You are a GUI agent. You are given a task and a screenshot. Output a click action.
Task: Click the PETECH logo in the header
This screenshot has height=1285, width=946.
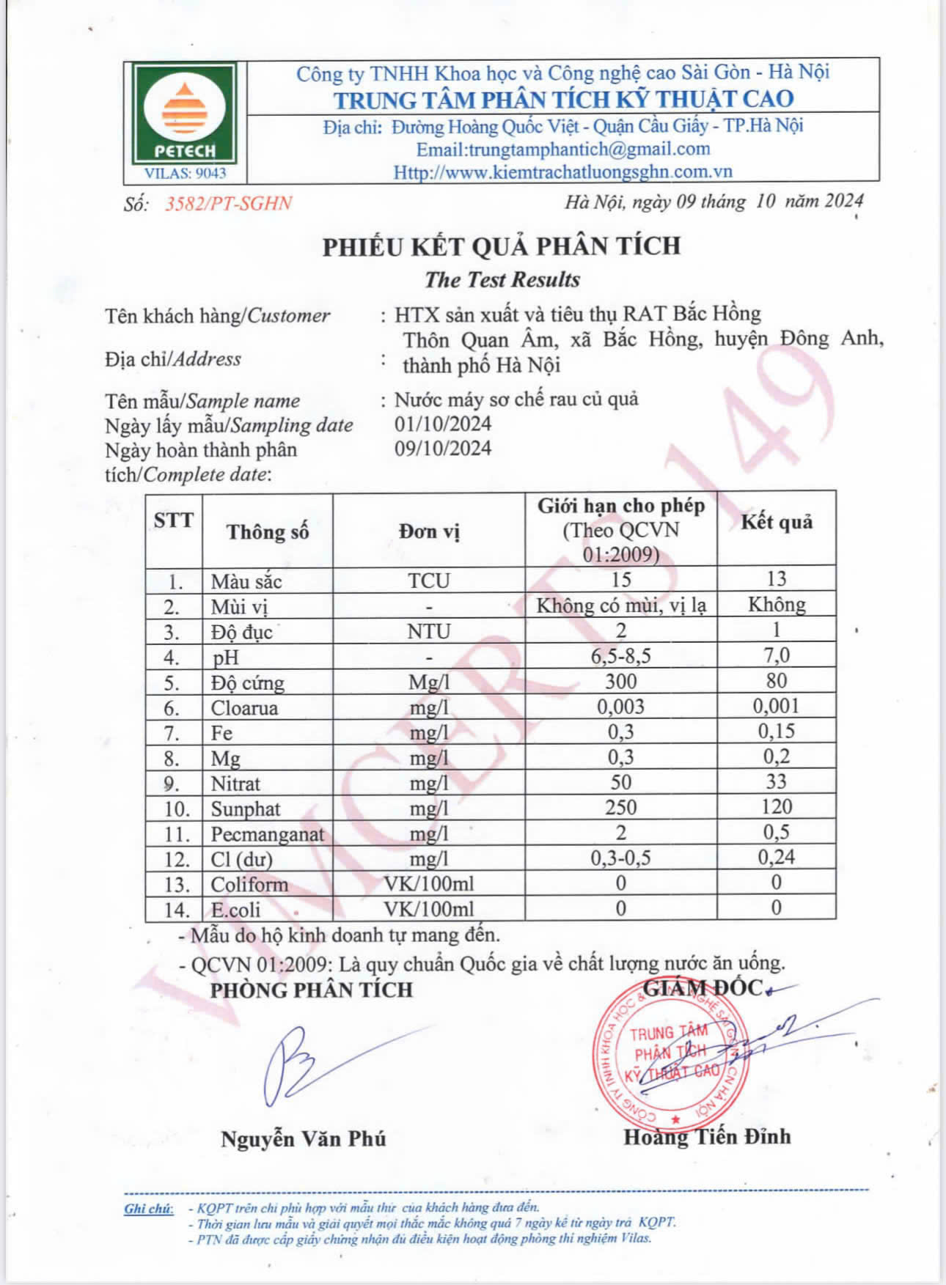click(x=185, y=121)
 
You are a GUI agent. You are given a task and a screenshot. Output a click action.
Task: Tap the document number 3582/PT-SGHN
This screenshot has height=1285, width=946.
click(x=228, y=204)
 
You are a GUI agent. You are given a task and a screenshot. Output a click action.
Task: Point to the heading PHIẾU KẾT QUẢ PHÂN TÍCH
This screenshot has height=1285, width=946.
click(x=502, y=246)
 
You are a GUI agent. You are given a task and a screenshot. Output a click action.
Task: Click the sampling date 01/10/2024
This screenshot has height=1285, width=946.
click(x=443, y=424)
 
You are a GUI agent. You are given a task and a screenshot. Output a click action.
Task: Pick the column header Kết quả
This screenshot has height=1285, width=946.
click(x=776, y=522)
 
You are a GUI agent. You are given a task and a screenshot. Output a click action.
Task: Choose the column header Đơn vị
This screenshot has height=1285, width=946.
click(x=429, y=531)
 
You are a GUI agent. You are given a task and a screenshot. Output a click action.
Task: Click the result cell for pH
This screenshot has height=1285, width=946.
click(x=776, y=655)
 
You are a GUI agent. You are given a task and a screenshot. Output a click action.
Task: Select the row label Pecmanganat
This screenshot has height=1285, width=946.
click(x=267, y=834)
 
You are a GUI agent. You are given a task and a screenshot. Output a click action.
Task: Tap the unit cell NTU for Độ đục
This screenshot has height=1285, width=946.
click(x=429, y=631)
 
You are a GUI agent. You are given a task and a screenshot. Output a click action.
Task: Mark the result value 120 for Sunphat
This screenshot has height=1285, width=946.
click(x=776, y=807)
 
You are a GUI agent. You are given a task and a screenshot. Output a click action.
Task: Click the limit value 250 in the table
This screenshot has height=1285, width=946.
click(x=620, y=807)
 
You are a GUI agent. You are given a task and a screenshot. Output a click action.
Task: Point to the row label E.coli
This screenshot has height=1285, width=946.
click(x=235, y=910)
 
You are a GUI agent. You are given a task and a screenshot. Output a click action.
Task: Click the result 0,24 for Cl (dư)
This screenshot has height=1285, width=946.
click(x=776, y=857)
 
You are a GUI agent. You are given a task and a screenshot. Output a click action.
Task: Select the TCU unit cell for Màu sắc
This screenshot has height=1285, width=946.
click(x=429, y=581)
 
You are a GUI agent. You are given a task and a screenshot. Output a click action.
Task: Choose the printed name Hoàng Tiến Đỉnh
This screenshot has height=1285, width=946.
click(x=707, y=1137)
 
